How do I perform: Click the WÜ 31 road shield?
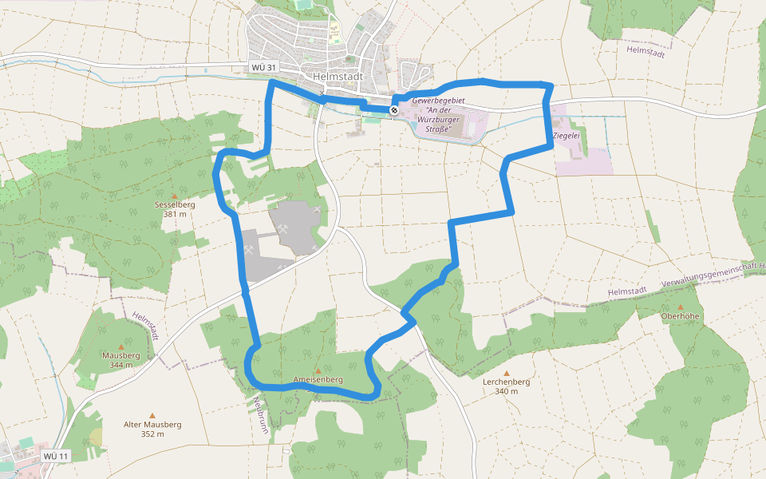tap(263, 68)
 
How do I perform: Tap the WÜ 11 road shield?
tap(57, 456)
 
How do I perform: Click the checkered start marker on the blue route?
tap(394, 109)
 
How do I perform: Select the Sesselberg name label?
tap(175, 204)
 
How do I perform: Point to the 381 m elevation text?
tap(175, 214)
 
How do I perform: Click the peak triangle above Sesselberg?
tap(175, 195)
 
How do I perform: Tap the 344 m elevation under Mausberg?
tap(121, 364)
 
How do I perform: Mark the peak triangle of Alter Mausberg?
tap(152, 415)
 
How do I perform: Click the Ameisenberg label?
tap(318, 379)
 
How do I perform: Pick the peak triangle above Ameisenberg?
tap(318, 370)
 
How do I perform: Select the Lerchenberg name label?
tap(506, 382)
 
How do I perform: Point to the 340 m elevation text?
tap(506, 391)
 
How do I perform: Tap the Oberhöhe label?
tap(680, 316)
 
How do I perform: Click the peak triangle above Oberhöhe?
tap(680, 307)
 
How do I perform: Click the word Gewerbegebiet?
tap(438, 101)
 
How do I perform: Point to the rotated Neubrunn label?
tap(261, 415)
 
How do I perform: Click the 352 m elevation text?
tap(152, 434)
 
